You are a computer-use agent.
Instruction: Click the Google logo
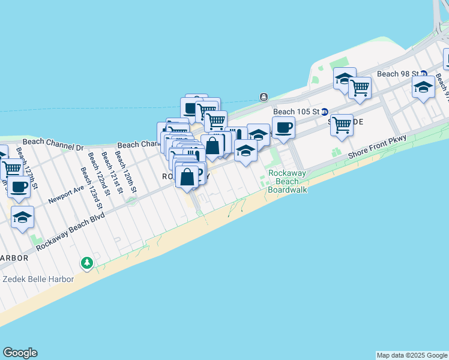20,353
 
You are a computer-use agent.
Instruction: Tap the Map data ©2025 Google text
412,355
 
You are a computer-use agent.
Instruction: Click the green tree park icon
87,263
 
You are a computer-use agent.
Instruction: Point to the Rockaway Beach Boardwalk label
287,181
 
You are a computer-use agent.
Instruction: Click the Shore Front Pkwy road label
377,146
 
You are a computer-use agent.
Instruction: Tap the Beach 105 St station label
295,112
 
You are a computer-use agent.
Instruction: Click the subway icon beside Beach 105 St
325,112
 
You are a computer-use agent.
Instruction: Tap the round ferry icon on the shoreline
264,97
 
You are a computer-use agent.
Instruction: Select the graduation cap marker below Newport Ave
22,218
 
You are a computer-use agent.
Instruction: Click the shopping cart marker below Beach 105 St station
342,125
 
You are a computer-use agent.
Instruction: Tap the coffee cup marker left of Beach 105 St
283,127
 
